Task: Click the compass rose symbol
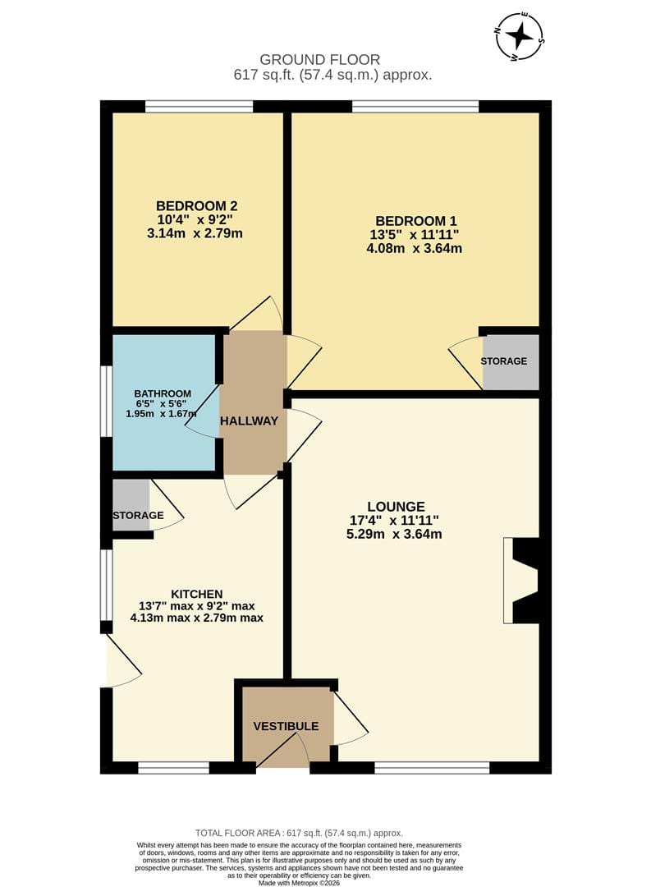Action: pos(519,36)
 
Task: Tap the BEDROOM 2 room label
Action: pos(197,206)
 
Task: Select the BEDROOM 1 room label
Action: pos(416,221)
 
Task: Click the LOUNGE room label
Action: pos(396,506)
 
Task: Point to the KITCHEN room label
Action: pos(197,594)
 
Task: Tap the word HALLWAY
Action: pos(249,421)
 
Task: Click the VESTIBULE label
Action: pos(286,726)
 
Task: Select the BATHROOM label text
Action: pos(163,393)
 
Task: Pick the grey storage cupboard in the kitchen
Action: pos(131,505)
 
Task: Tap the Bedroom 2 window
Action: pos(199,106)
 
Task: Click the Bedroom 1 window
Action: pos(415,106)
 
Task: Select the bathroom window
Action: pos(107,401)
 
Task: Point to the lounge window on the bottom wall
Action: pos(432,768)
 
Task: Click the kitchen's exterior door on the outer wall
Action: pos(121,660)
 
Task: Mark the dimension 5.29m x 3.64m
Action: pos(394,534)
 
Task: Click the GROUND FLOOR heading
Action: pos(319,59)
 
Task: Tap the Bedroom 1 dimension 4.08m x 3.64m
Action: pos(414,248)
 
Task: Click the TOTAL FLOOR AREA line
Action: pos(299,833)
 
